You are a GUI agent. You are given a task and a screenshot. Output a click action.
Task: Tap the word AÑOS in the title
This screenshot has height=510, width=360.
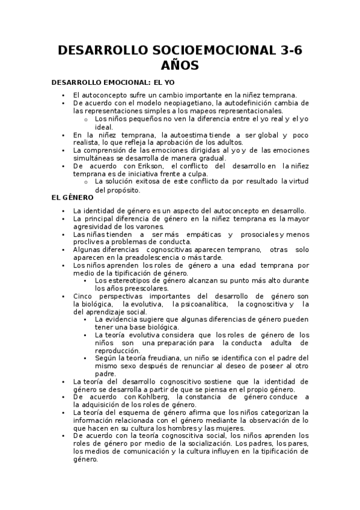point(180,66)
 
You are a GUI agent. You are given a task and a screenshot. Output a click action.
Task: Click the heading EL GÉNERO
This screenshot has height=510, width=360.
point(73,197)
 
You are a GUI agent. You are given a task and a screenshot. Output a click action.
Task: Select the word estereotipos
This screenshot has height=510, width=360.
point(127,280)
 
